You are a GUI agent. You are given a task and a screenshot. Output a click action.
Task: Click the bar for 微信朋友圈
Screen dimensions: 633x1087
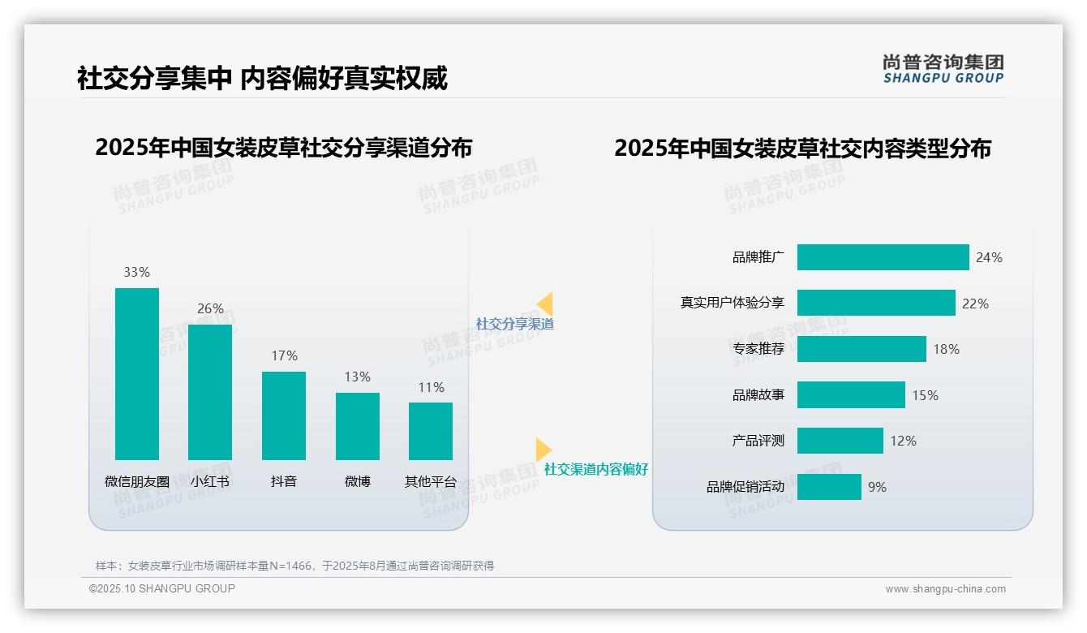click(x=137, y=374)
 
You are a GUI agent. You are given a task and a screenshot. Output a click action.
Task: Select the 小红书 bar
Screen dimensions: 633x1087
click(x=210, y=392)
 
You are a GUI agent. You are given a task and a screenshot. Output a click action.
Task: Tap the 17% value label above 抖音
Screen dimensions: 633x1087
click(x=284, y=355)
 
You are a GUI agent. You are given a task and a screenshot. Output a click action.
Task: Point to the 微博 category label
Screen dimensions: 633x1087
click(x=358, y=481)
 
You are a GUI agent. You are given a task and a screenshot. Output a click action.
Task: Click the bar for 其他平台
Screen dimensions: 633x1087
click(x=431, y=431)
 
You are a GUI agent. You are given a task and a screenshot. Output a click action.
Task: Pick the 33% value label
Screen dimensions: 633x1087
click(x=136, y=272)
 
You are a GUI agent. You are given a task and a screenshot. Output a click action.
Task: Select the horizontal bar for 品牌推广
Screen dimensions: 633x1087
click(x=883, y=257)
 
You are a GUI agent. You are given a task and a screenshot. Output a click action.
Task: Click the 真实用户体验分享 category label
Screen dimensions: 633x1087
click(x=733, y=304)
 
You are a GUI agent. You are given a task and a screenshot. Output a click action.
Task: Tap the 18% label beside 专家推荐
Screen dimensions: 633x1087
click(x=946, y=349)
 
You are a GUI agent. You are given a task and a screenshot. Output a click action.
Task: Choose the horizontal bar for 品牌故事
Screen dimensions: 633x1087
click(x=851, y=395)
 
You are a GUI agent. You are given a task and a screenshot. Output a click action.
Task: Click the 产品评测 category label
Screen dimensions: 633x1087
click(x=758, y=441)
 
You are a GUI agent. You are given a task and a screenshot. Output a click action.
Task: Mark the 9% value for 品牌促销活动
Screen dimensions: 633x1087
click(x=877, y=487)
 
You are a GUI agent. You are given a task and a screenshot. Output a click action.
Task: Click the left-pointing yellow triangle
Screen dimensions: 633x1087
click(x=545, y=304)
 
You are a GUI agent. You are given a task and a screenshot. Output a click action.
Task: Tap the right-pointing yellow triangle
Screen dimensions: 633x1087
click(x=543, y=450)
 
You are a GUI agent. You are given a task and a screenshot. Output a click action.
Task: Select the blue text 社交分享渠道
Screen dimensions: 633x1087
click(x=515, y=324)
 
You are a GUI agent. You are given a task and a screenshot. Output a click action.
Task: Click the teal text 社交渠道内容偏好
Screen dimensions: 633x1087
click(x=596, y=469)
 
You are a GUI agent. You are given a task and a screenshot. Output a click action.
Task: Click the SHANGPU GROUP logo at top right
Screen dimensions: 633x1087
click(x=943, y=69)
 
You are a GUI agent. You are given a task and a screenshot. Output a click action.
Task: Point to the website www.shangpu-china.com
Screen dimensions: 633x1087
click(x=945, y=589)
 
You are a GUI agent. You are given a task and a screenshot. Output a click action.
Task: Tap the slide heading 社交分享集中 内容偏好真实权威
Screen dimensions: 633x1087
click(x=262, y=79)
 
